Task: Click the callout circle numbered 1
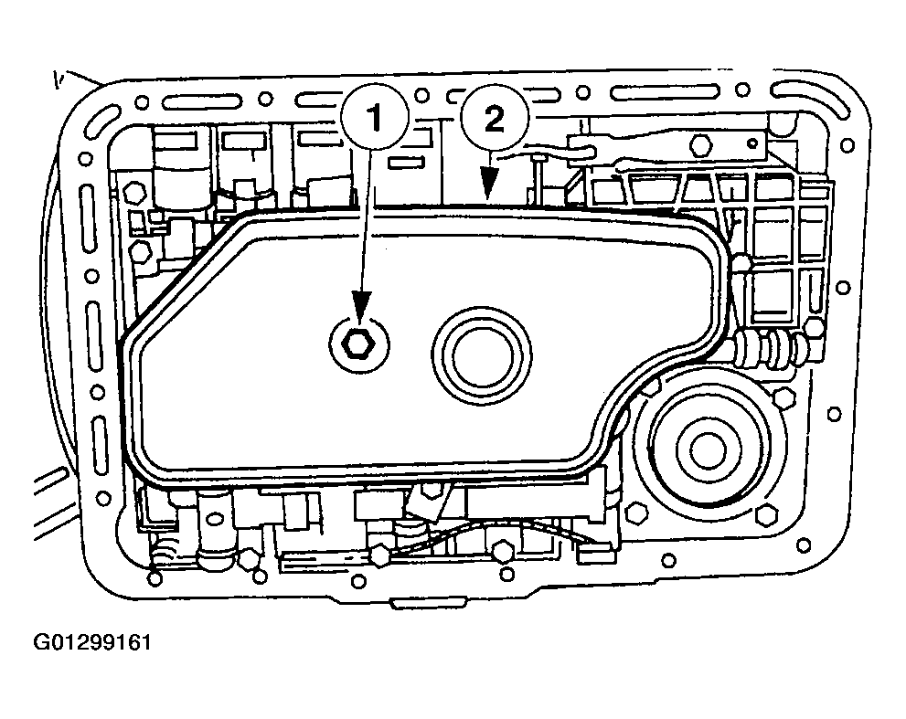[x=375, y=120]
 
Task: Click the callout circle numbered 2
[x=495, y=120]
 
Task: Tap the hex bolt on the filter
[x=358, y=345]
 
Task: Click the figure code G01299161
[x=92, y=642]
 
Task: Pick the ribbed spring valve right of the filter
[x=769, y=348]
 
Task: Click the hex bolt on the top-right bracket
[x=701, y=143]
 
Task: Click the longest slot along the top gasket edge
[x=665, y=92]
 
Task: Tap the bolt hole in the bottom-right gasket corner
[x=804, y=545]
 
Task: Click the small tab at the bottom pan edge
[x=430, y=604]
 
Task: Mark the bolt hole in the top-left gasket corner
[x=141, y=103]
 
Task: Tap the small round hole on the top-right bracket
[x=752, y=143]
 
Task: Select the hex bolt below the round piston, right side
[x=766, y=514]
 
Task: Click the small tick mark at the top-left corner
[x=56, y=79]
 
